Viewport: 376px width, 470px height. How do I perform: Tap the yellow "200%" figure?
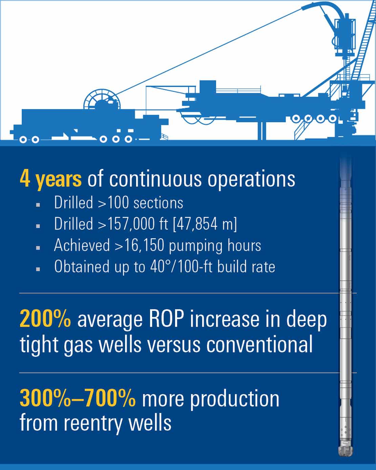point(45,319)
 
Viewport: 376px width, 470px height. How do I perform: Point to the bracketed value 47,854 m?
point(205,224)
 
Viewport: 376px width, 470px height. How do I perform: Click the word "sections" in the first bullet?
point(158,203)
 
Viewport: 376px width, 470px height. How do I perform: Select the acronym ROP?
point(166,319)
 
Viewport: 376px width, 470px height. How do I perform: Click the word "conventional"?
point(259,345)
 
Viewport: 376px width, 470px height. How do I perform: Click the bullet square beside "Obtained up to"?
point(38,269)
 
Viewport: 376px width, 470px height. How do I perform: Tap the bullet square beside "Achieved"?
point(38,248)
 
